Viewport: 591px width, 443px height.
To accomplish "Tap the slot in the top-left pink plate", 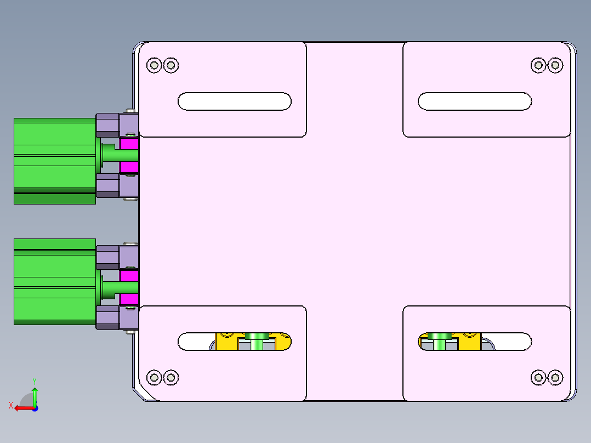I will (x=234, y=101).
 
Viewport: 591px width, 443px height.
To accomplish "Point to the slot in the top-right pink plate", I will (x=474, y=101).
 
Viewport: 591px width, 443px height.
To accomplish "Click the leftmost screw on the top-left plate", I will (x=154, y=65).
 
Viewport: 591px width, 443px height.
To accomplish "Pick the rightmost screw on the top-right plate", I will (x=555, y=65).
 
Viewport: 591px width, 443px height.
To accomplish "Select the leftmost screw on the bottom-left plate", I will (x=154, y=377).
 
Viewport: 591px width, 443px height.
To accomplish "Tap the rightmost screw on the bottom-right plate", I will (x=555, y=377).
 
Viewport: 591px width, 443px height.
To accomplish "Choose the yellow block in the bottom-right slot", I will (x=469, y=343).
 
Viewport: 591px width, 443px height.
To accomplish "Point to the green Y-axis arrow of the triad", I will (x=35, y=395).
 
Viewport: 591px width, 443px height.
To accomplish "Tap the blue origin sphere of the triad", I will (x=35, y=408).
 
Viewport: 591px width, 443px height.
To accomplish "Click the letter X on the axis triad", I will (x=10, y=405).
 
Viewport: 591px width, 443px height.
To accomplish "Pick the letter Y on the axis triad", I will (x=35, y=380).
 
